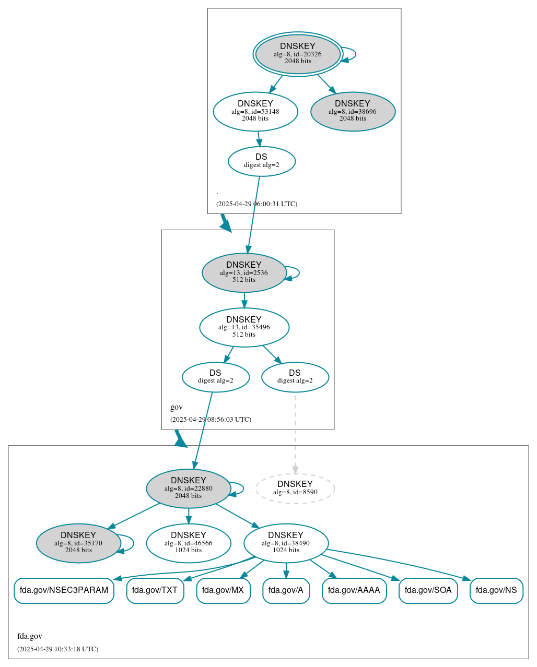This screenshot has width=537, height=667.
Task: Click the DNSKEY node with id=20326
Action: pyautogui.click(x=298, y=54)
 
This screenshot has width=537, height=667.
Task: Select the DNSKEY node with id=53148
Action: pyautogui.click(x=255, y=111)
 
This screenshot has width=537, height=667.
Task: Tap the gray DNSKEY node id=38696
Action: pyautogui.click(x=353, y=111)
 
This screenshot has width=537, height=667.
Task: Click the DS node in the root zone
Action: pyautogui.click(x=262, y=161)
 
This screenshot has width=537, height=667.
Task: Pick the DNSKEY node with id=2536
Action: pyautogui.click(x=244, y=272)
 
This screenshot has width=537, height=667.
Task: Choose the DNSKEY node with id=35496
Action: pyautogui.click(x=244, y=327)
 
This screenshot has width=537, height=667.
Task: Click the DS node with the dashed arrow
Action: pyautogui.click(x=295, y=377)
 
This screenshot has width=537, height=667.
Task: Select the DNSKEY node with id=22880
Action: pyautogui.click(x=189, y=489)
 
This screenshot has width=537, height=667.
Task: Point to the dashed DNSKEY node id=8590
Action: pyautogui.click(x=295, y=489)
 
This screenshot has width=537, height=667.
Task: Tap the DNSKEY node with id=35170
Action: pyautogui.click(x=78, y=543)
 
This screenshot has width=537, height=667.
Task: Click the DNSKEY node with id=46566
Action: pyautogui.click(x=189, y=543)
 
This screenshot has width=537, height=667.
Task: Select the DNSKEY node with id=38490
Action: pyautogui.click(x=286, y=543)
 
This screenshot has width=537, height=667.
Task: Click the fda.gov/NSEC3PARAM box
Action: pyautogui.click(x=64, y=590)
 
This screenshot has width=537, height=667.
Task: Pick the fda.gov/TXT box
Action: pyautogui.click(x=155, y=590)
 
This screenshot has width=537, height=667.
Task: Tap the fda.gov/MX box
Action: pyautogui.click(x=223, y=590)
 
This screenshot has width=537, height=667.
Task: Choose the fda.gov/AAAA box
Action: pyautogui.click(x=354, y=590)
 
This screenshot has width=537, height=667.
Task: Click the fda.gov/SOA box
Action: pyautogui.click(x=428, y=590)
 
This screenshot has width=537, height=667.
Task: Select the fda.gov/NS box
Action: pyautogui.click(x=496, y=590)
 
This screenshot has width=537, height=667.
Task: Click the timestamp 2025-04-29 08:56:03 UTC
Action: pyautogui.click(x=211, y=419)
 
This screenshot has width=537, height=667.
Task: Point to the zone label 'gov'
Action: pyautogui.click(x=177, y=407)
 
